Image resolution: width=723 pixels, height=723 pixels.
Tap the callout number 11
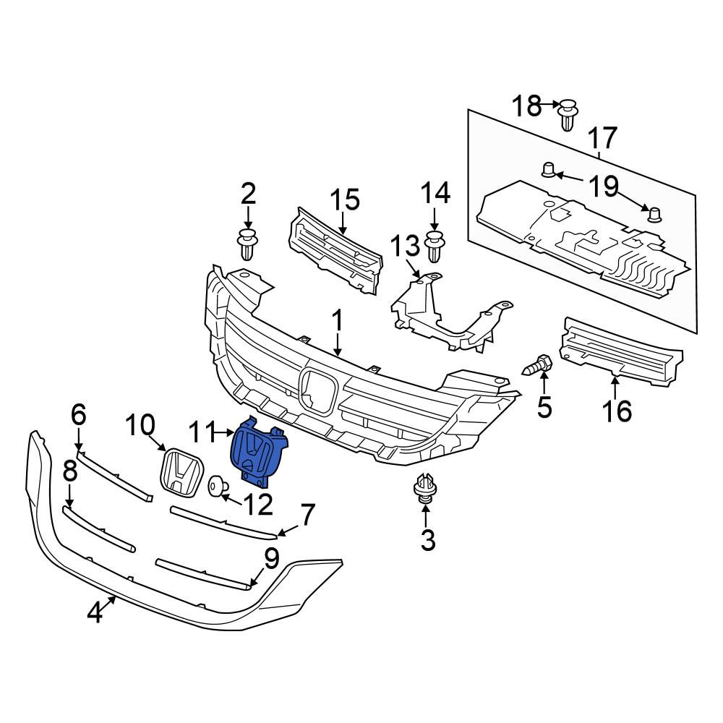[202, 433]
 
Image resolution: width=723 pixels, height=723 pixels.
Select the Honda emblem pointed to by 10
[181, 472]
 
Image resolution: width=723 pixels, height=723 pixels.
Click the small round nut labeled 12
[216, 487]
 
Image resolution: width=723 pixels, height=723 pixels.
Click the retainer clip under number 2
[247, 243]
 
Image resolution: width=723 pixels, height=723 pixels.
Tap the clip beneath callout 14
[435, 247]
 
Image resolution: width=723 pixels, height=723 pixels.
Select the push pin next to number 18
[568, 114]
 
